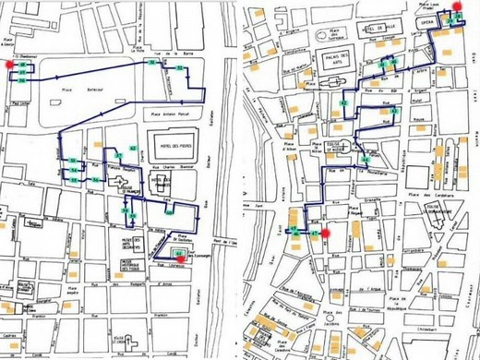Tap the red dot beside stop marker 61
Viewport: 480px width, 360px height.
click(184, 259)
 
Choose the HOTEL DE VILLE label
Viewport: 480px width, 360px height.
click(378, 30)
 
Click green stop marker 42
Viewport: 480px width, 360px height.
click(394, 111)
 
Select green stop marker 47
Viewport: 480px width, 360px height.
click(315, 234)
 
